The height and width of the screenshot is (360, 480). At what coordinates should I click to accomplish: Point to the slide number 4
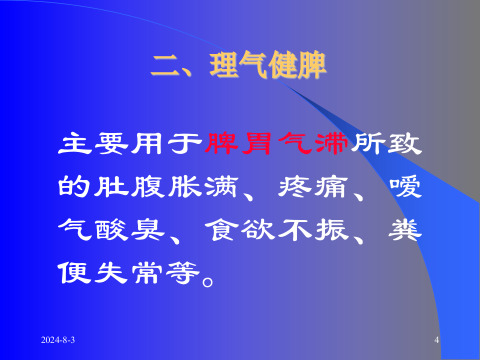(x=436, y=340)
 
